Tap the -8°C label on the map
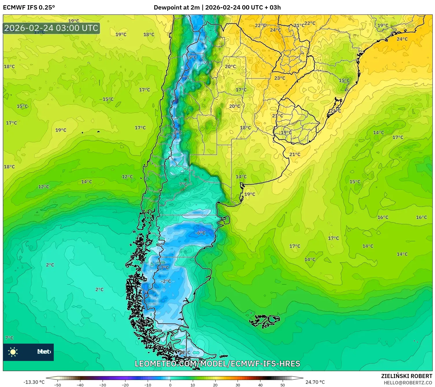pos(177,132)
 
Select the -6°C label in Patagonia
pos(200,233)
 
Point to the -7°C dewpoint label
pos(164,268)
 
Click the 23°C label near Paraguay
pos(279,78)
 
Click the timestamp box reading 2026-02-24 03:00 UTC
pos(51,28)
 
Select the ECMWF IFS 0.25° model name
pos(29,8)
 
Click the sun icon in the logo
pos(13,352)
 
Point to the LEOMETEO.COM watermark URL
pos(217,364)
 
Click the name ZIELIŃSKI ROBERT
pos(406,376)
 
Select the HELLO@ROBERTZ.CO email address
pos(408,383)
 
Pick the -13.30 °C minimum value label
pos(34,382)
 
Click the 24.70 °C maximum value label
pos(315,382)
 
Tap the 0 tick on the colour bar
pos(170,385)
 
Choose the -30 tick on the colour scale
pos(103,385)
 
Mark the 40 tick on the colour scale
pos(260,385)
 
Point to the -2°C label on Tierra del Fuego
pos(186,352)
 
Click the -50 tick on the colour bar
pos(58,385)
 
